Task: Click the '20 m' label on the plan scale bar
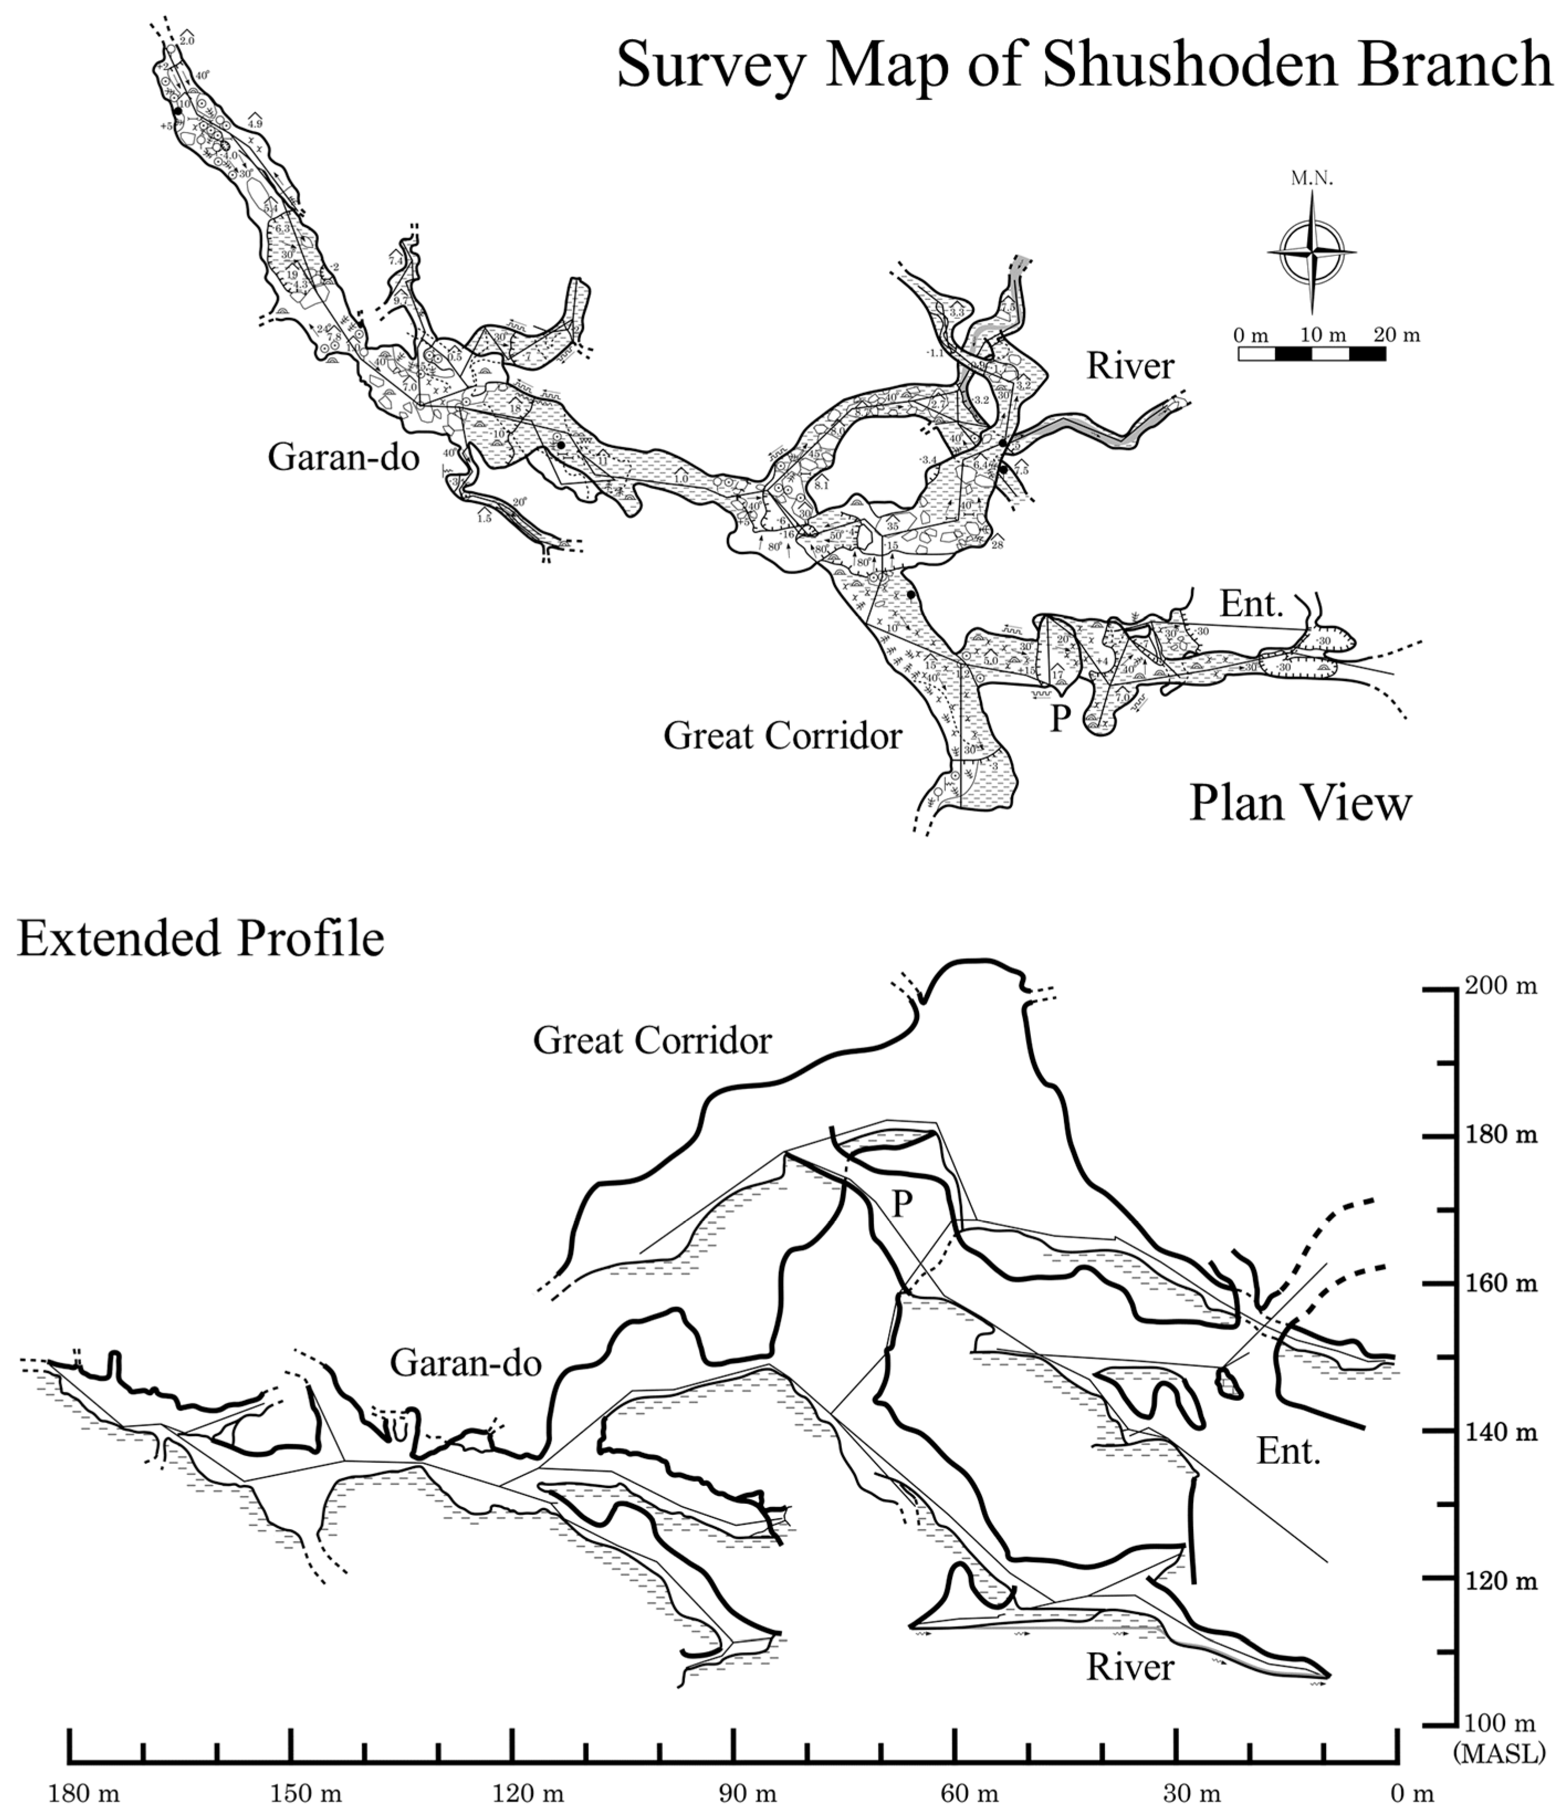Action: pos(1396,334)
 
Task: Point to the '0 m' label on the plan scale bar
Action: pos(1251,334)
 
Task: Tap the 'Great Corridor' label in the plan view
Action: pos(782,736)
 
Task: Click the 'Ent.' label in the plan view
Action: pos(1251,603)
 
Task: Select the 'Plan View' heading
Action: pos(1300,804)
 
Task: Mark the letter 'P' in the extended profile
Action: pos(901,1206)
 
